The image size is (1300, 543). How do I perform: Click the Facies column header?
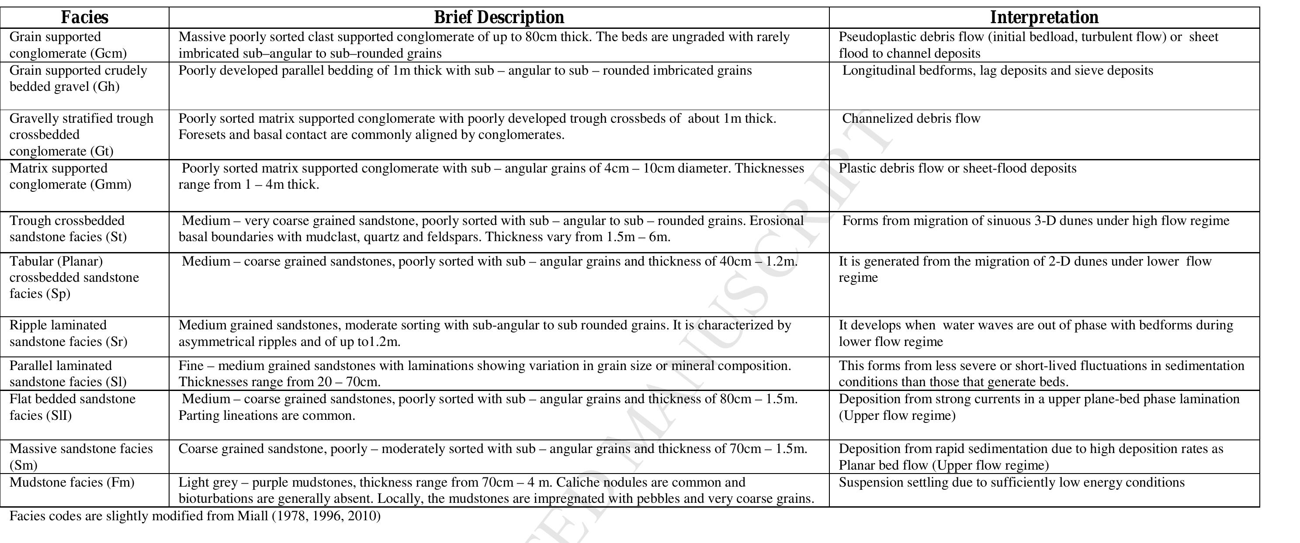[x=84, y=17]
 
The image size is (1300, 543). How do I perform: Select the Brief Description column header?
[x=499, y=17]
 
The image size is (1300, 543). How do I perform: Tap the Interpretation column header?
[x=1043, y=17]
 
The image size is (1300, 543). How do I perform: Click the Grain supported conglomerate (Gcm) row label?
[x=68, y=45]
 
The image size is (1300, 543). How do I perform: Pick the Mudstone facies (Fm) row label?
[x=72, y=482]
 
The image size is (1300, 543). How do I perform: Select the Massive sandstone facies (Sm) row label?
[x=81, y=457]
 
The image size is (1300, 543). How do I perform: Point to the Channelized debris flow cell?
[x=911, y=118]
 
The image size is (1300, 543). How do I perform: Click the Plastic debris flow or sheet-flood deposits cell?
[x=957, y=169]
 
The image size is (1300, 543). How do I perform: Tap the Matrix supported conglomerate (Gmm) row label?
[x=70, y=176]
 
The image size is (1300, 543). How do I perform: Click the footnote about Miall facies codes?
[x=195, y=516]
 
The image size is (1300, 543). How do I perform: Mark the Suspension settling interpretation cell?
[x=1011, y=482]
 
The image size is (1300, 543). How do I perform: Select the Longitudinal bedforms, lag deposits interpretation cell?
[x=997, y=70]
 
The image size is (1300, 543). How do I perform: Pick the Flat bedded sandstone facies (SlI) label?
[x=72, y=407]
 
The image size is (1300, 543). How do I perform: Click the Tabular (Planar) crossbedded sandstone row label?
[x=74, y=277]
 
